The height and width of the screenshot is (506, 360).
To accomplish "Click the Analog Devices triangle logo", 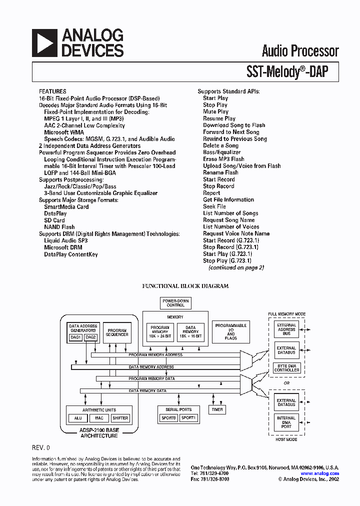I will pyautogui.click(x=44, y=42).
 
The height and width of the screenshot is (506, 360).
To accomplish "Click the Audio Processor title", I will pyautogui.click(x=300, y=51).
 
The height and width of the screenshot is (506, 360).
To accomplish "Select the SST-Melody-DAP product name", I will pyautogui.click(x=287, y=72).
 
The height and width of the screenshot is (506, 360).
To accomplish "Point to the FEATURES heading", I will pyautogui.click(x=52, y=92).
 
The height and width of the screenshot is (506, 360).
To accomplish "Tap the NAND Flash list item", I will pyautogui.click(x=59, y=227).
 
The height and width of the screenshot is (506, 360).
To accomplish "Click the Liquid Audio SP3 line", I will pyautogui.click(x=65, y=240).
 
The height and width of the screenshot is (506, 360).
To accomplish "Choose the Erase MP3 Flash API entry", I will pyautogui.click(x=223, y=159).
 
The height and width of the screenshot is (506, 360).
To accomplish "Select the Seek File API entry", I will pyautogui.click(x=214, y=206).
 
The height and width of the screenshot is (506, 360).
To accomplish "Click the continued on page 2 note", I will pyautogui.click(x=236, y=267).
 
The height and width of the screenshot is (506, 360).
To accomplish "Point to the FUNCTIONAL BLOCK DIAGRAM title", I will pyautogui.click(x=185, y=286).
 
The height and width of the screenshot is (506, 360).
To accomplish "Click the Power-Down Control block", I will pyautogui.click(x=175, y=303).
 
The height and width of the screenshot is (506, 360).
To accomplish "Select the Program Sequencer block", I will pyautogui.click(x=116, y=332).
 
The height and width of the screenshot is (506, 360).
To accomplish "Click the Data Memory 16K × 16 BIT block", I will pyautogui.click(x=190, y=332).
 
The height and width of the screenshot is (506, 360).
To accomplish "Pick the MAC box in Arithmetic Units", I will pyautogui.click(x=99, y=418).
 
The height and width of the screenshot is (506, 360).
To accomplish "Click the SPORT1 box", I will pyautogui.click(x=188, y=418).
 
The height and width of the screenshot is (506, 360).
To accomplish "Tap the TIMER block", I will pyautogui.click(x=217, y=409).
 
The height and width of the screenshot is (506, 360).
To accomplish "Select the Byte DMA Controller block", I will pyautogui.click(x=286, y=368).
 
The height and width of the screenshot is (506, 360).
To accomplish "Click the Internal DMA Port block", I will pyautogui.click(x=286, y=422).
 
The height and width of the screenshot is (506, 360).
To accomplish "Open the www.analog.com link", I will pyautogui.click(x=319, y=473).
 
